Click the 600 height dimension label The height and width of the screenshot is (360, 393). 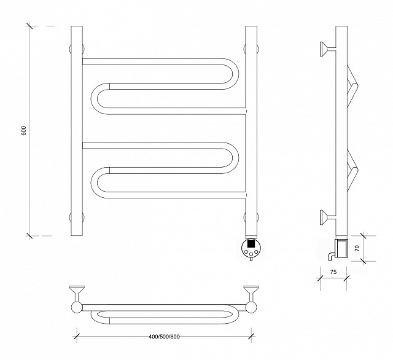tap(24, 131)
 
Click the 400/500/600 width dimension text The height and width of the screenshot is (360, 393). tap(164, 337)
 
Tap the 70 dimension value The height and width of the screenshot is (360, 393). tap(357, 248)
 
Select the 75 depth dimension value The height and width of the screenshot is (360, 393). tap(333, 272)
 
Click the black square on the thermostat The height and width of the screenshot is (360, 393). tap(251, 243)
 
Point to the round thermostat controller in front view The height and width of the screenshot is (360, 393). tap(251, 248)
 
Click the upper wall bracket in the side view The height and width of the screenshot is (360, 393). tap(328, 49)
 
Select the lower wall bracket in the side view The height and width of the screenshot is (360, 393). tap(328, 217)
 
